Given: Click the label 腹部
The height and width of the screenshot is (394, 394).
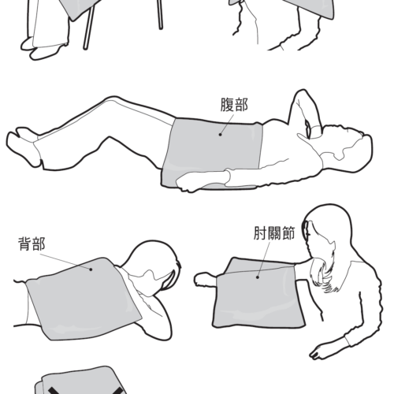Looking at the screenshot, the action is (234, 105).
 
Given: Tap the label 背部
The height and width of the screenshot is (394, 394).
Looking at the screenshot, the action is (32, 243).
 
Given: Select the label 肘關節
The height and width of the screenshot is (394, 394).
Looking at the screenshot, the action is (274, 233).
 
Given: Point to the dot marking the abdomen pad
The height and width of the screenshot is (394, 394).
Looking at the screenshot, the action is (221, 135).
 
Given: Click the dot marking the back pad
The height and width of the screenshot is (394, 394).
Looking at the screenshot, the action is (91, 269).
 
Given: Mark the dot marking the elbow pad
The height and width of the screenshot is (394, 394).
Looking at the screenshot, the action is (258, 277).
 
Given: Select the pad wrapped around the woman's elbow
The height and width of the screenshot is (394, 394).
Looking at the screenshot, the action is (258, 294).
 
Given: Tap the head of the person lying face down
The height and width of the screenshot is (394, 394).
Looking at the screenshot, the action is (155, 262).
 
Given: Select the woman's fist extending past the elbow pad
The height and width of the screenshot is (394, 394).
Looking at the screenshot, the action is (205, 279).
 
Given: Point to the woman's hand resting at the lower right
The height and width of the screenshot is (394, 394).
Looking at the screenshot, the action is (321, 352).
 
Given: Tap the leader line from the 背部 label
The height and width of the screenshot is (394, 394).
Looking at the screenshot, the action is (65, 260).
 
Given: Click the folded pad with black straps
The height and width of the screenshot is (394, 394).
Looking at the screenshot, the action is (79, 381).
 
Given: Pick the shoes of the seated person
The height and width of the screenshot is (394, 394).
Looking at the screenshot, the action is (43, 49).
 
